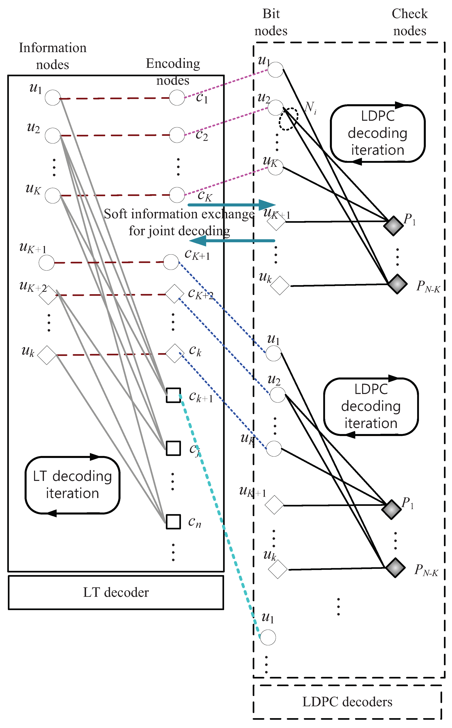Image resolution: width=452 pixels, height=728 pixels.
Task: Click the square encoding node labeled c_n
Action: click(173, 522)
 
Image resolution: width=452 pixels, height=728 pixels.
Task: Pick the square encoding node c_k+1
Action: click(173, 395)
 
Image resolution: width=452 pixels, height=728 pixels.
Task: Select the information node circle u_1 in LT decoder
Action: click(53, 98)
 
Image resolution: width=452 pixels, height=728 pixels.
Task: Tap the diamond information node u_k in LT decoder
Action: click(47, 355)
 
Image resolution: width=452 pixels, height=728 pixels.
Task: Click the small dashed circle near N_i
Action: click(289, 119)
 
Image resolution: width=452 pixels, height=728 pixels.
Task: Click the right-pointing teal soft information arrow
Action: click(232, 205)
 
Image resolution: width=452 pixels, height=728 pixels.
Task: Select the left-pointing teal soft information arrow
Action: click(232, 241)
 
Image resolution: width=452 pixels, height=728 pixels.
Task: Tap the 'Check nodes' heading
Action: click(409, 22)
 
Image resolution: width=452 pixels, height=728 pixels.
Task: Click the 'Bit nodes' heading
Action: click(271, 22)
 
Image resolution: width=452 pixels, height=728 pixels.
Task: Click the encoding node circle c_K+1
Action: click(171, 262)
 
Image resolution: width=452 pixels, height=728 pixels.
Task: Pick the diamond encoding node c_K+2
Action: click(175, 294)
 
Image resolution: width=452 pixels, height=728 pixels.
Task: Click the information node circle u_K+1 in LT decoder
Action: click(47, 263)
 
